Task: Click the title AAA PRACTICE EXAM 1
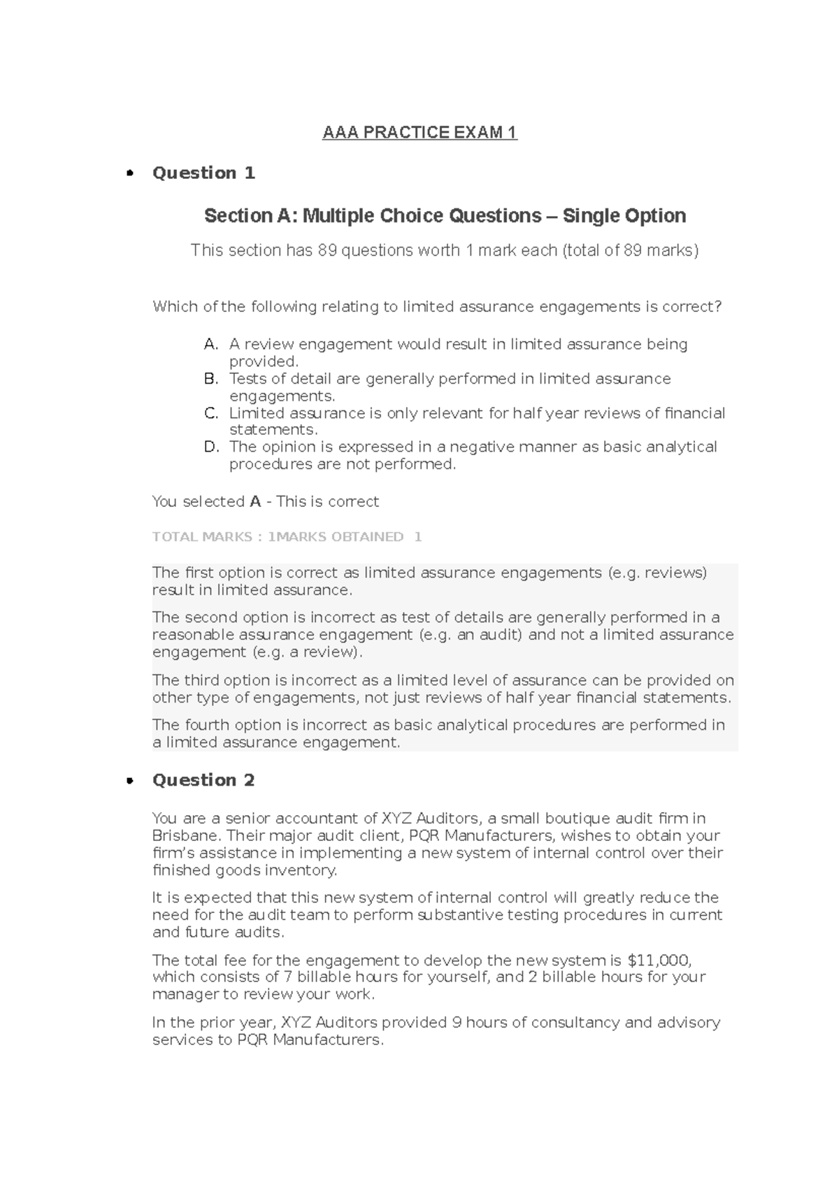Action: click(419, 133)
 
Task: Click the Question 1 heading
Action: click(203, 173)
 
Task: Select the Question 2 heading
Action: click(203, 780)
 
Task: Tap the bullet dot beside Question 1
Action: click(129, 174)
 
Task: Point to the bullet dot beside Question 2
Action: click(129, 782)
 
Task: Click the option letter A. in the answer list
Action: click(211, 345)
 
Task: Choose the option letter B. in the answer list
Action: click(211, 379)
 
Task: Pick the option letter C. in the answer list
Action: click(211, 413)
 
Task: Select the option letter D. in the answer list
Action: click(211, 447)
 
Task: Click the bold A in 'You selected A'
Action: click(255, 502)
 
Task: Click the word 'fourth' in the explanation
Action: click(207, 725)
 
